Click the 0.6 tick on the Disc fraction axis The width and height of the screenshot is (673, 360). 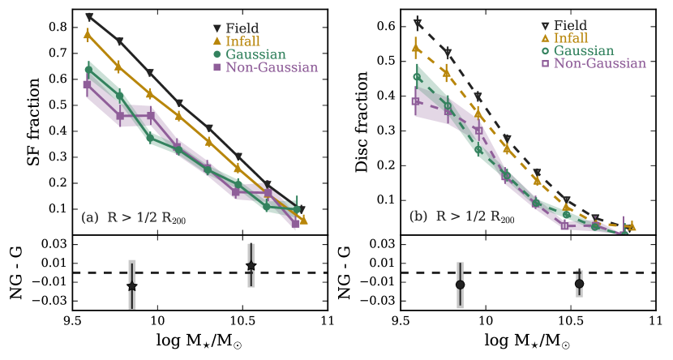click(x=388, y=27)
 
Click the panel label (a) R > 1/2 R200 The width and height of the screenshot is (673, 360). click(x=134, y=217)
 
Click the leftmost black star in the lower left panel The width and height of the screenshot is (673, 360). click(x=131, y=285)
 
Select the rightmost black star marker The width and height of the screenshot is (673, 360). click(x=251, y=266)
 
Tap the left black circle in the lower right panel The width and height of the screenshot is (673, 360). click(x=460, y=285)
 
